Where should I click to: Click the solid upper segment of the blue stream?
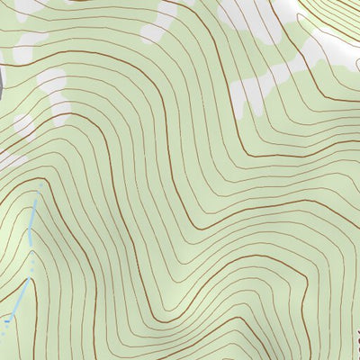click(32, 220)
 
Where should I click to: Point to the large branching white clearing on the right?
click(297, 63)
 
